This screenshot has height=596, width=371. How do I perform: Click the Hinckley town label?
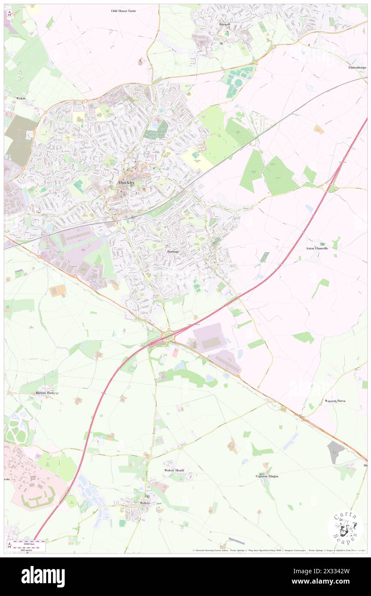pos(126,183)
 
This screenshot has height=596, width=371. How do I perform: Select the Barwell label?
pos(224,24)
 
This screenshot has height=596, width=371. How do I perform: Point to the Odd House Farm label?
pos(123,10)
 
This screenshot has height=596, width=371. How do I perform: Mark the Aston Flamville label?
pos(317,248)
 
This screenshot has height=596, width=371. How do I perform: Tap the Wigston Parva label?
pos(335,400)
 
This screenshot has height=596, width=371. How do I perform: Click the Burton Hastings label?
pos(48,392)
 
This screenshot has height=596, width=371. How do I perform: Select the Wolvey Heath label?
pos(174,470)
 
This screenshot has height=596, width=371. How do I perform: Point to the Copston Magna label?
pos(267,476)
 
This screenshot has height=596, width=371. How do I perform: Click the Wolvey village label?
pos(144,503)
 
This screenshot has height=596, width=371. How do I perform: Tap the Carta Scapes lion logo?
pos(345,527)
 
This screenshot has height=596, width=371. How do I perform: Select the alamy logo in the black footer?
pos(43,576)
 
